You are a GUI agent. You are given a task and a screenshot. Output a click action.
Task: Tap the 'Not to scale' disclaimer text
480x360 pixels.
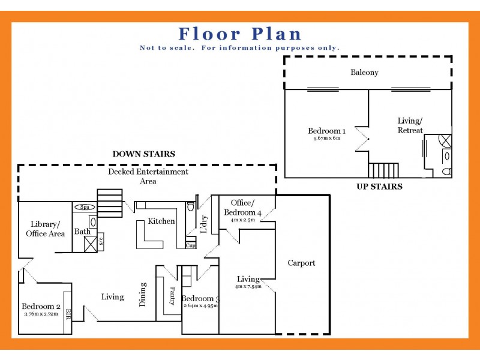click(x=239, y=48)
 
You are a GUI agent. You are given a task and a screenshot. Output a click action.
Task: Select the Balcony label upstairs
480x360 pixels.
click(x=365, y=73)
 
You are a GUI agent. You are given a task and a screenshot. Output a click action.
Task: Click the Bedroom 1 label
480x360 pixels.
click(x=326, y=131)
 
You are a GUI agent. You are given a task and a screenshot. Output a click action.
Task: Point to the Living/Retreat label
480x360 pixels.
click(x=410, y=125)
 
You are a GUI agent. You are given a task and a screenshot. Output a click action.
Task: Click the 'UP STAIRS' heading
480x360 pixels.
click(x=379, y=187)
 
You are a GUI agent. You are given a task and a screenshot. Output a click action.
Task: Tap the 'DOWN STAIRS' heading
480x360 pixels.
click(x=144, y=154)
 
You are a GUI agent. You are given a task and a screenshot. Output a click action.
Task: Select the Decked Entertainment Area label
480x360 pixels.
click(x=148, y=176)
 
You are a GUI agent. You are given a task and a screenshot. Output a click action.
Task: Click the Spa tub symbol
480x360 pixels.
click(x=85, y=208)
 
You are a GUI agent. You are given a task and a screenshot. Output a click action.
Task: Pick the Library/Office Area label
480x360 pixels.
click(x=45, y=229)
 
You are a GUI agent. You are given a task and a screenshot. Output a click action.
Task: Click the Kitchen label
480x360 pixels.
click(x=161, y=221)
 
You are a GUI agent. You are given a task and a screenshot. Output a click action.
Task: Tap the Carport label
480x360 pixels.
click(x=301, y=263)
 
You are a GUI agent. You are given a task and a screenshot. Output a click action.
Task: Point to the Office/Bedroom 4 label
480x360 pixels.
click(x=242, y=208)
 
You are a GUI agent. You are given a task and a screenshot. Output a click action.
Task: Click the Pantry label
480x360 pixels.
click(x=172, y=296)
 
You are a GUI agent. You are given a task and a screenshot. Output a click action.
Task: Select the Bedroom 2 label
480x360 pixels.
click(x=41, y=307)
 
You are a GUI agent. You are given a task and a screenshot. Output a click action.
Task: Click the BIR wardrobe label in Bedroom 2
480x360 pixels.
click(x=68, y=314)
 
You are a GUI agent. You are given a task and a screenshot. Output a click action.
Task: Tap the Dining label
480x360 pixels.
click(x=143, y=295)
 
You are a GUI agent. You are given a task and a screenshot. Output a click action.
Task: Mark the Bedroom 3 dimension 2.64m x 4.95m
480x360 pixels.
click(x=200, y=305)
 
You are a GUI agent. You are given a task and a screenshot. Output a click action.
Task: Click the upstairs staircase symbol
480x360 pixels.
click(x=383, y=170)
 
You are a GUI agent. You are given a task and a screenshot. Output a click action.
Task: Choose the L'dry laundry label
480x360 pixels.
click(x=203, y=224)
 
